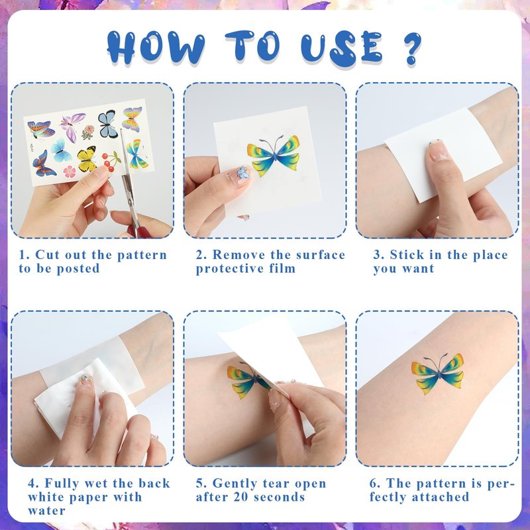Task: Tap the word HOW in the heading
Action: pos(156,48)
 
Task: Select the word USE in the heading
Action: pos(342,48)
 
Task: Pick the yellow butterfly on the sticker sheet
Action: pos(87,158)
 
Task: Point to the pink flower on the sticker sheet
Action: pos(70,172)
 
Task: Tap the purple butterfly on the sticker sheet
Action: pos(72,126)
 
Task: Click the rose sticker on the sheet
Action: pos(88,132)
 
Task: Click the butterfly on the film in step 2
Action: pos(274,155)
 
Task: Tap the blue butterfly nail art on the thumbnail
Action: pos(243,172)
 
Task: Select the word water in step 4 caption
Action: pos(46,510)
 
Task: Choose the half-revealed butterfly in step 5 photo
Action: pos(247,380)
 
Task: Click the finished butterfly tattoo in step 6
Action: pos(438,373)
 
